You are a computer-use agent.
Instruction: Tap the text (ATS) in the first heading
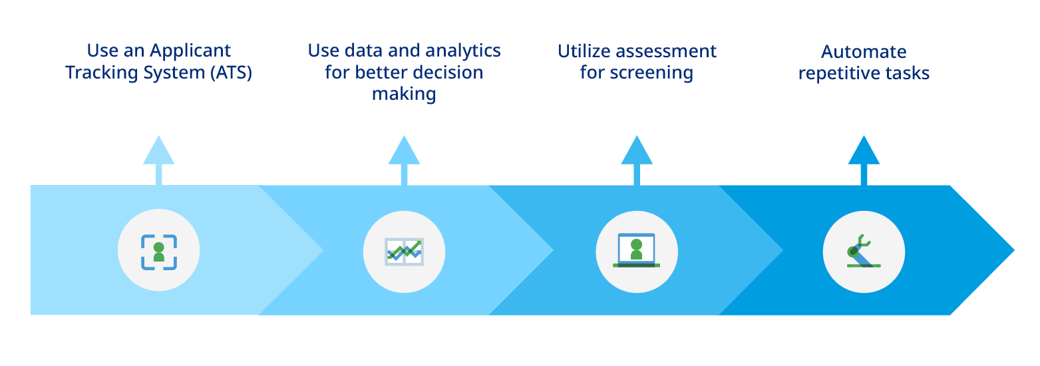click(231, 73)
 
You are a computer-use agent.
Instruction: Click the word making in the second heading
click(404, 94)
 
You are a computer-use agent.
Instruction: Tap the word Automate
click(864, 51)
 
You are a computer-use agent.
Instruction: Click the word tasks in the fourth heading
click(905, 73)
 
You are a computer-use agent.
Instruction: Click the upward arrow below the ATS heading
click(159, 160)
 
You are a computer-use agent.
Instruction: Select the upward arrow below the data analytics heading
click(404, 160)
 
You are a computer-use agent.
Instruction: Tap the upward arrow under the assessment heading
click(637, 160)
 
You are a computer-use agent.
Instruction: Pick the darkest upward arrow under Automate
click(864, 160)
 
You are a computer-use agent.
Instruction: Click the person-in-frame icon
click(159, 252)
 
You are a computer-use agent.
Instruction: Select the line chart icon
click(404, 252)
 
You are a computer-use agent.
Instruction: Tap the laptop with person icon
click(637, 250)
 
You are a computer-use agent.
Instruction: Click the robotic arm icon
click(863, 252)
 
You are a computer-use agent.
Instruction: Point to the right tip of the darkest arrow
click(1015, 250)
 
